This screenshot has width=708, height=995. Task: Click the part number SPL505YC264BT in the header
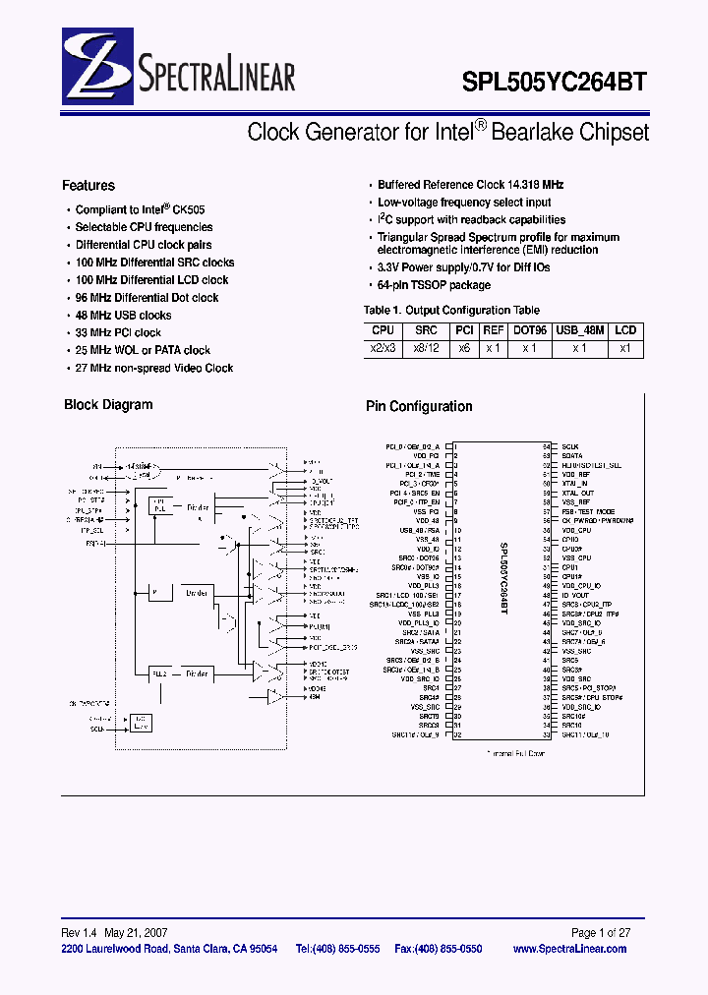pos(555,83)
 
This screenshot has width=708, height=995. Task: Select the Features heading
pos(88,186)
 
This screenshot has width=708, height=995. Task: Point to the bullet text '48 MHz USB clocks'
pos(123,316)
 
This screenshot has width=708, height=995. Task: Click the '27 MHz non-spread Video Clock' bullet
pos(154,368)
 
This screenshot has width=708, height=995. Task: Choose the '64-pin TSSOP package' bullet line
pos(434,285)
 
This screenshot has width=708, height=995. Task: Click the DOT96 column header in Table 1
pos(528,331)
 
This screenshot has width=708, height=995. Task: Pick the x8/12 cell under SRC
pos(426,348)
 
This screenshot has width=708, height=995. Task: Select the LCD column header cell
pos(626,331)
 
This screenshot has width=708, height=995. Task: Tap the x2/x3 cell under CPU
pos(383,348)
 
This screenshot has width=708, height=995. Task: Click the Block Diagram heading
pos(108,405)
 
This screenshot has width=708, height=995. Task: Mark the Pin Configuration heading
pos(419,406)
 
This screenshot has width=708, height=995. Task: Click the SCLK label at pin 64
pos(571,446)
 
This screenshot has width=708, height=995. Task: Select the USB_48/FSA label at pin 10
pos(421,530)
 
